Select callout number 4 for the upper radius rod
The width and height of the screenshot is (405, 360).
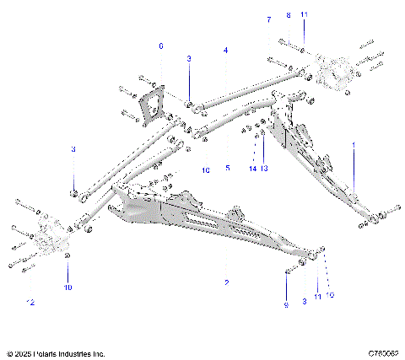(x=226, y=51)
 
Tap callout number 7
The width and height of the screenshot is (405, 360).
(x=269, y=19)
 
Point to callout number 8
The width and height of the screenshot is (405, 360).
(x=288, y=15)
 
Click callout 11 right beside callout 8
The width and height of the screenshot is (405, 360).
(x=305, y=15)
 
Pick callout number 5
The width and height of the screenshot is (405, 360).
(x=227, y=168)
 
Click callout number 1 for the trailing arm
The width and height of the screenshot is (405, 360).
(x=353, y=144)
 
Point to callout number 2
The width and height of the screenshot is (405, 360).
(x=226, y=282)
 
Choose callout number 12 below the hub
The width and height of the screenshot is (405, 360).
(x=30, y=301)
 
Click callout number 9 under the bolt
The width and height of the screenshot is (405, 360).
(x=286, y=304)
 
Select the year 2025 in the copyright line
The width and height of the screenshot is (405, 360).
(x=24, y=352)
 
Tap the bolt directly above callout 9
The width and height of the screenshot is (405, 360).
(x=291, y=270)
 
